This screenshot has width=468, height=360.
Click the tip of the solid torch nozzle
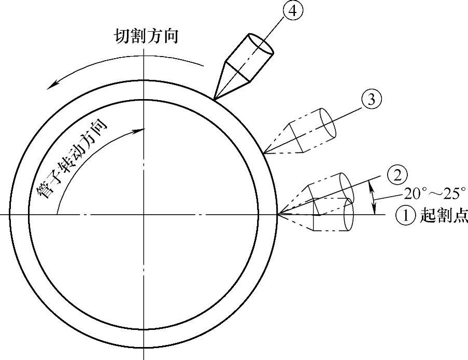[214, 97]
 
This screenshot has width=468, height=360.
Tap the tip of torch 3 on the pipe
[263, 153]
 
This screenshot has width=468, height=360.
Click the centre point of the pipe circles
[143, 214]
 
